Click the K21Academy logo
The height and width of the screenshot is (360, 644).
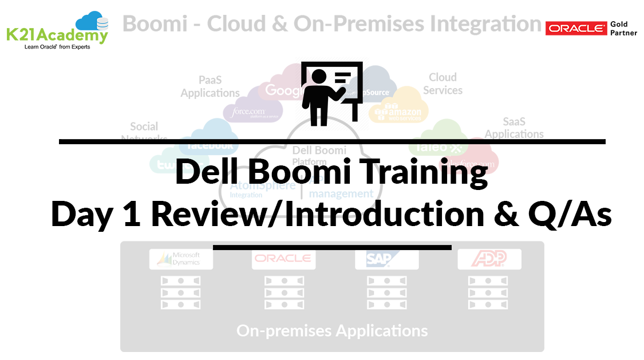pos(57,30)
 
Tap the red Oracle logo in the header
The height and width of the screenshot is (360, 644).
pos(576,28)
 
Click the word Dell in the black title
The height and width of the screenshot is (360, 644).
pos(205,171)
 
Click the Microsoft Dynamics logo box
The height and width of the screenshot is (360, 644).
pos(181,259)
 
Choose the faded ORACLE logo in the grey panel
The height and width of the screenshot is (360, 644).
pos(284,259)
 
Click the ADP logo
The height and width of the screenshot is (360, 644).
pos(489,259)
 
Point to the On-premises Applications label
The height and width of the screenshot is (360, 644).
pos(332,330)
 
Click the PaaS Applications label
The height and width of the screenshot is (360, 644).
pos(210,86)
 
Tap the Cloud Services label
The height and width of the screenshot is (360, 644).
pos(443,84)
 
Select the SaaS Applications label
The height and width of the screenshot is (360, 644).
pos(514,128)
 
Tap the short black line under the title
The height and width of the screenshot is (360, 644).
pos(332,247)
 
